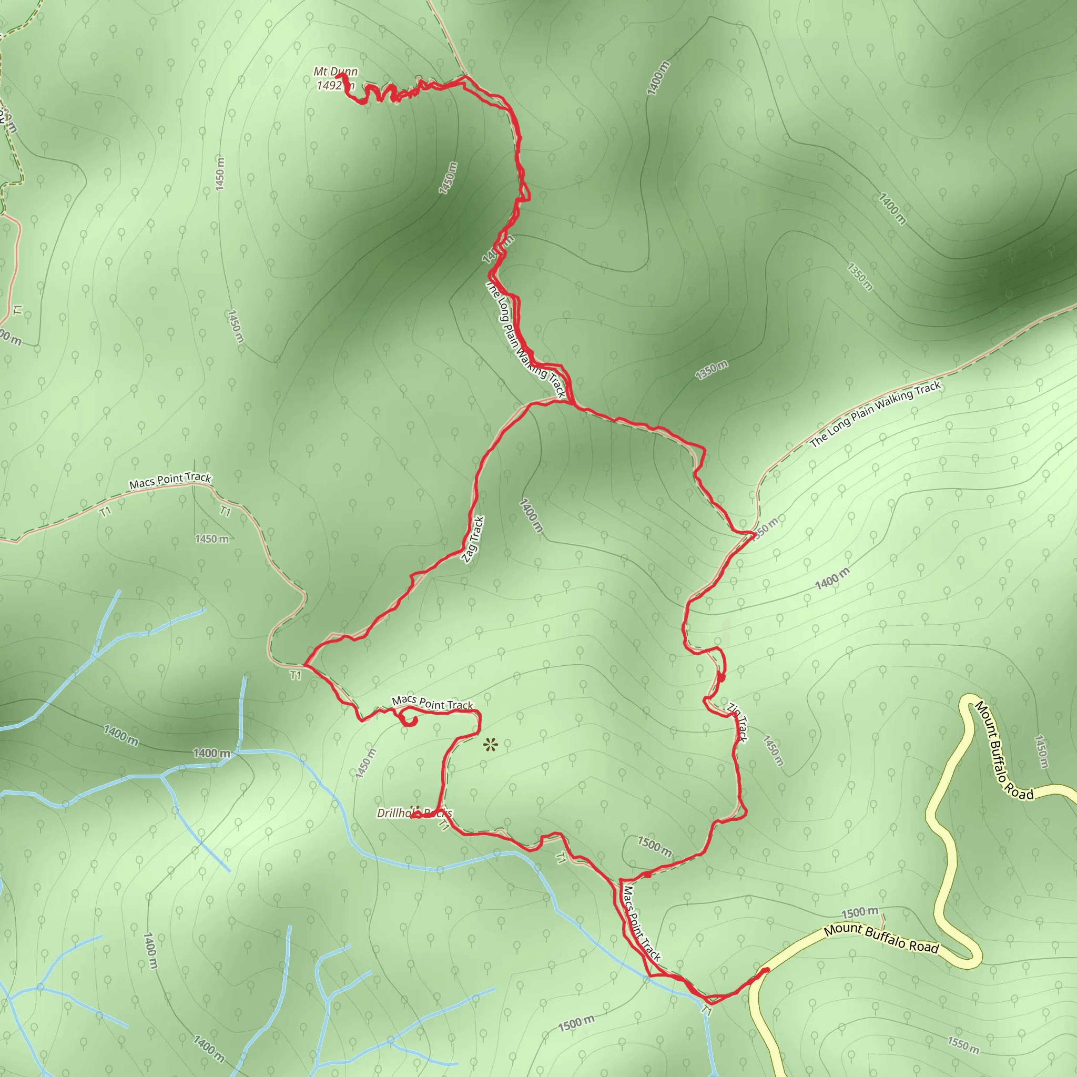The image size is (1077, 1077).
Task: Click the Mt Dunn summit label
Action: (x=335, y=72)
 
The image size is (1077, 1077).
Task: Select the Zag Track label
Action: (x=473, y=539)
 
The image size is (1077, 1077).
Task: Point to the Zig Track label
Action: (x=737, y=723)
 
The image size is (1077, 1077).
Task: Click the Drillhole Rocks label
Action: (x=414, y=814)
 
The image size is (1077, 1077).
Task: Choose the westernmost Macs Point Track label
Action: (x=170, y=481)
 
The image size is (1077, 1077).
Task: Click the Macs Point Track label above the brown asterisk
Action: (x=432, y=703)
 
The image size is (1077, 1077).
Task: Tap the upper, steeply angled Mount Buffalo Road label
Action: (x=1003, y=750)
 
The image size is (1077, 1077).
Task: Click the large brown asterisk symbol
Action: (x=490, y=744)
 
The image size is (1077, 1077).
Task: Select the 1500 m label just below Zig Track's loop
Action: (x=654, y=846)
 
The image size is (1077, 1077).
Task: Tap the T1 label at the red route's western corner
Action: (x=296, y=676)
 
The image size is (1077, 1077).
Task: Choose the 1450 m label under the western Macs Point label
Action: (x=212, y=539)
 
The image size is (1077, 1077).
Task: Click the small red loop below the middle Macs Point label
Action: (x=411, y=723)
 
